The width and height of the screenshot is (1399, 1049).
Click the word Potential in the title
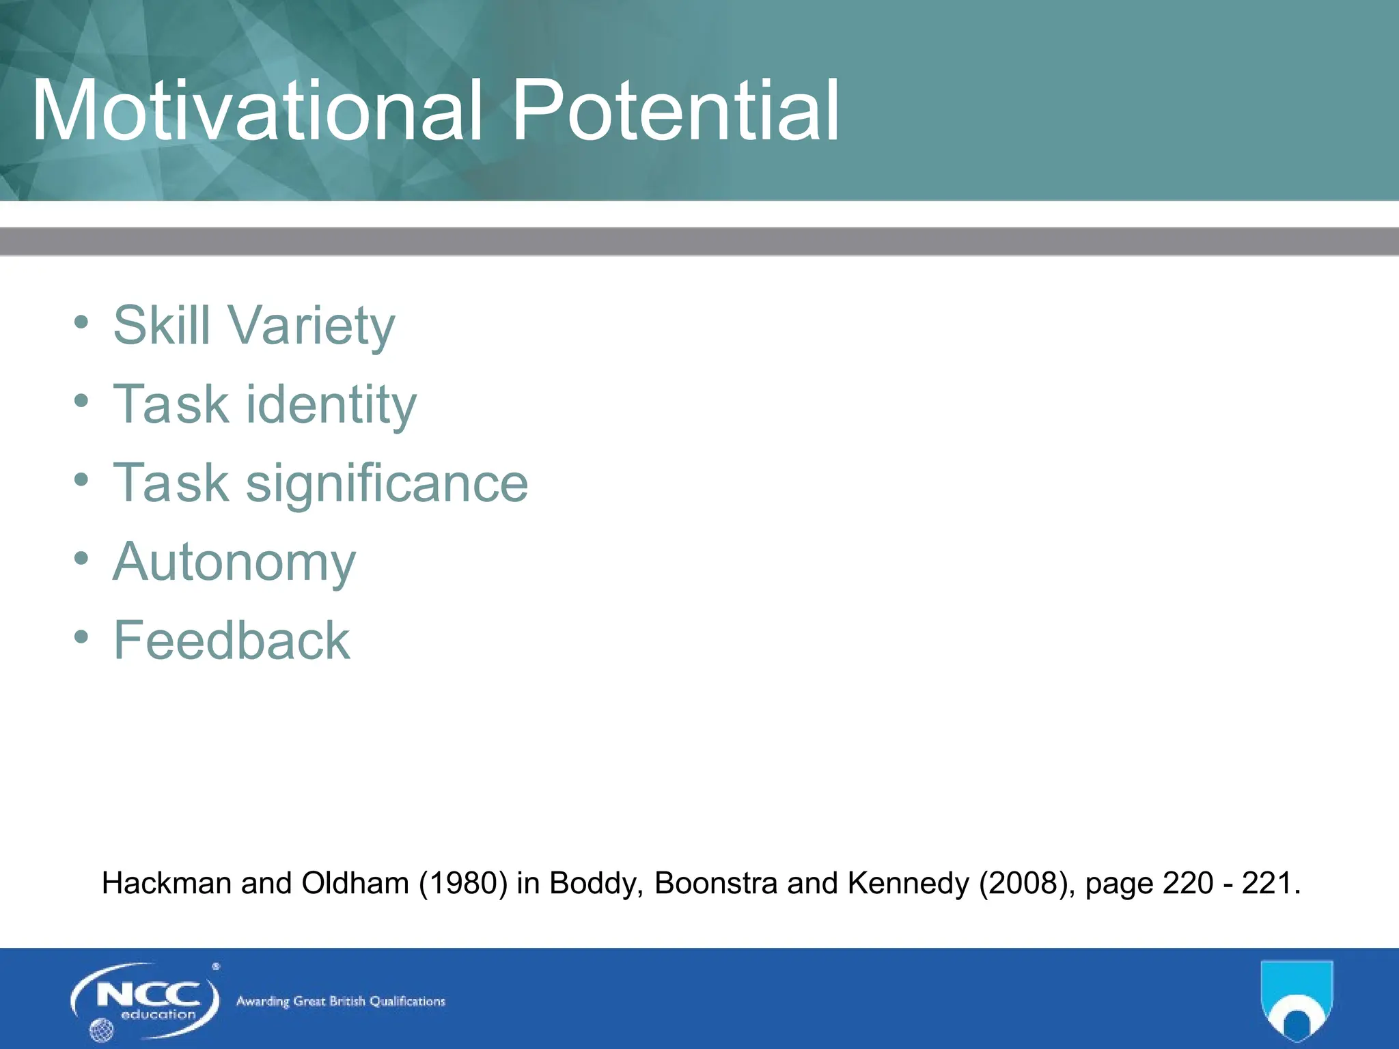(675, 111)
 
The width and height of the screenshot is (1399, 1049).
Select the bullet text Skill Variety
(253, 325)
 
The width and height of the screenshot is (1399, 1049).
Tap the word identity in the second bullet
(331, 404)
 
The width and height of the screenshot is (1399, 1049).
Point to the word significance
(387, 483)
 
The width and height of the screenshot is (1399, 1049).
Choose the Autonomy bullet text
(234, 562)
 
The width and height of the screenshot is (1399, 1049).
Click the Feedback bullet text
(232, 641)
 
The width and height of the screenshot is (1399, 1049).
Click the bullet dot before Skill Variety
(81, 322)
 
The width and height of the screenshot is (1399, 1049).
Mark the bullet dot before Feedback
(81, 637)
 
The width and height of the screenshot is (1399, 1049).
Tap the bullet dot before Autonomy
(81, 559)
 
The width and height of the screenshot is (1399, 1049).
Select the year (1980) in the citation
(463, 883)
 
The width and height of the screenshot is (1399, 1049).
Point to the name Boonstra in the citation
(716, 883)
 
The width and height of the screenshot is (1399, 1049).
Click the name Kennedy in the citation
(908, 883)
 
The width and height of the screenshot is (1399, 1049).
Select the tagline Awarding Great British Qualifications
(340, 1001)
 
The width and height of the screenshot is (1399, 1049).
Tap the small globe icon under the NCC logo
(102, 1030)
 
